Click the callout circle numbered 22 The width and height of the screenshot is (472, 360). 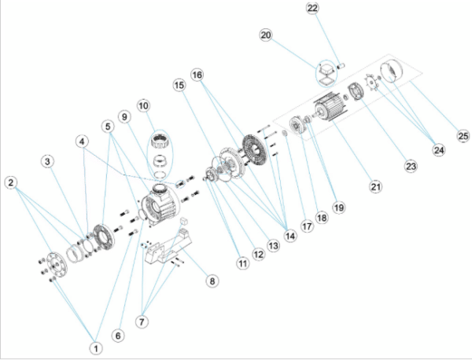[x=313, y=9]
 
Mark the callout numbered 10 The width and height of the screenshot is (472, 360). [x=142, y=105]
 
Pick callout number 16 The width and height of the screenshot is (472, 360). [x=197, y=75]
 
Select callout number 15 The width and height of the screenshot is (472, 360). [x=179, y=84]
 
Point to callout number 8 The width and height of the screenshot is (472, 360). [x=211, y=279]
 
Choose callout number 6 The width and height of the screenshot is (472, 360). [x=119, y=336]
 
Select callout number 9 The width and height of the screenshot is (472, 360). [x=124, y=116]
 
